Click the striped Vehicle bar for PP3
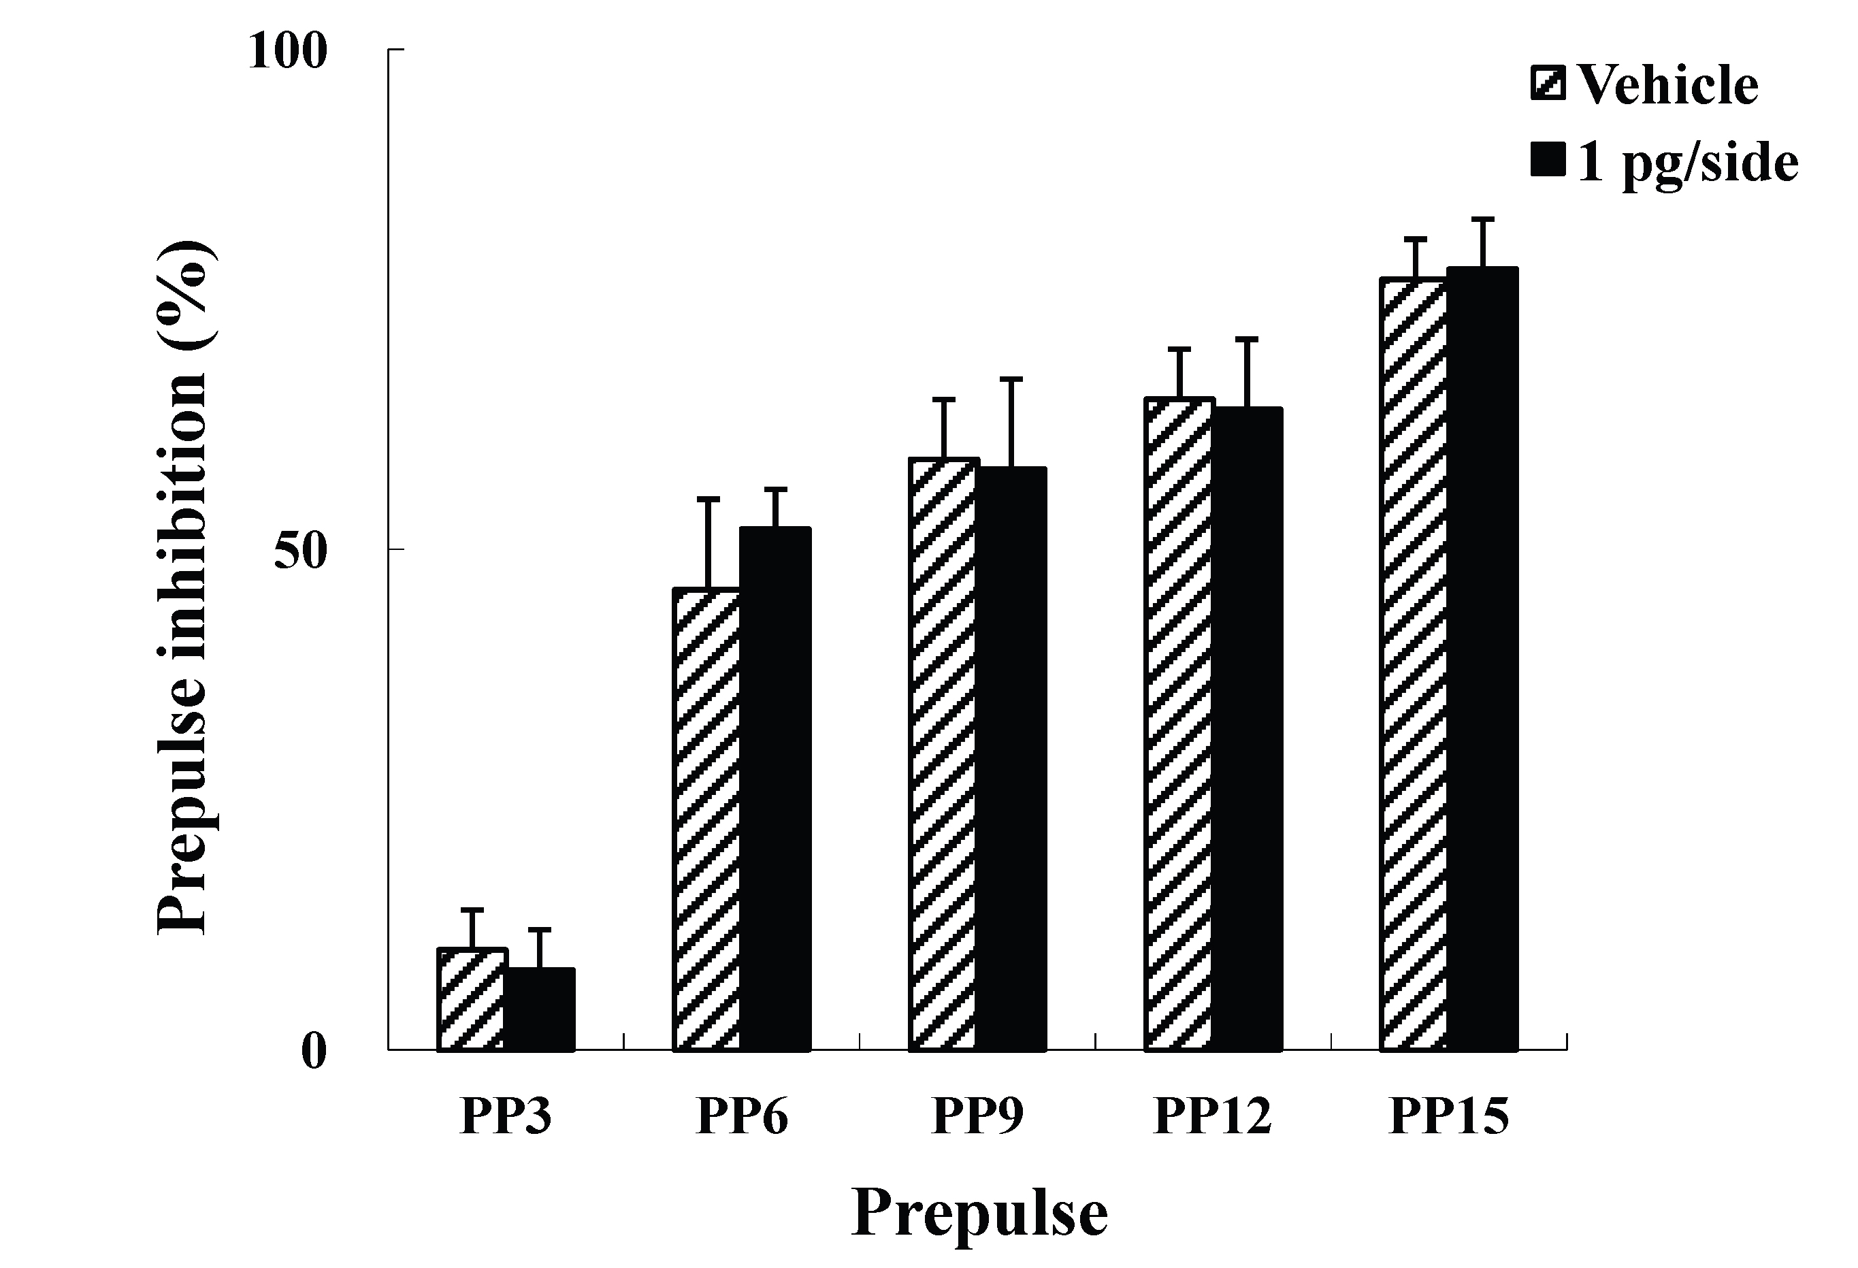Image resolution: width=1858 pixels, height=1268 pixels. tap(472, 998)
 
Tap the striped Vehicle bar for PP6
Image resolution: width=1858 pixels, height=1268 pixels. tap(706, 819)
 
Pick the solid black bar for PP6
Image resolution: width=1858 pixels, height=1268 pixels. tap(775, 788)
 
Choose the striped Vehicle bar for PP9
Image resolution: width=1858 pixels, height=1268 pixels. tap(943, 754)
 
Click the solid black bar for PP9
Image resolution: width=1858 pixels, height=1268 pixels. tap(1011, 758)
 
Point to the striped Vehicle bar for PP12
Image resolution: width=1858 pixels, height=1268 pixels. tap(1179, 724)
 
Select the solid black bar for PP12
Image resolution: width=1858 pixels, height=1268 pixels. tap(1248, 728)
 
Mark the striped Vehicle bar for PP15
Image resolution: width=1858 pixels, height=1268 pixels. tap(1414, 664)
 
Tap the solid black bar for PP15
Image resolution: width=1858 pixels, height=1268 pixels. tap(1482, 659)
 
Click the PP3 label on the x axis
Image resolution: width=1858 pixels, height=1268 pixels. tap(505, 1116)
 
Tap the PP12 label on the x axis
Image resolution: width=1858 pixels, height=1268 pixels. tap(1212, 1116)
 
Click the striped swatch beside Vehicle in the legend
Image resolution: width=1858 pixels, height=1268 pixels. tap(1548, 84)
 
